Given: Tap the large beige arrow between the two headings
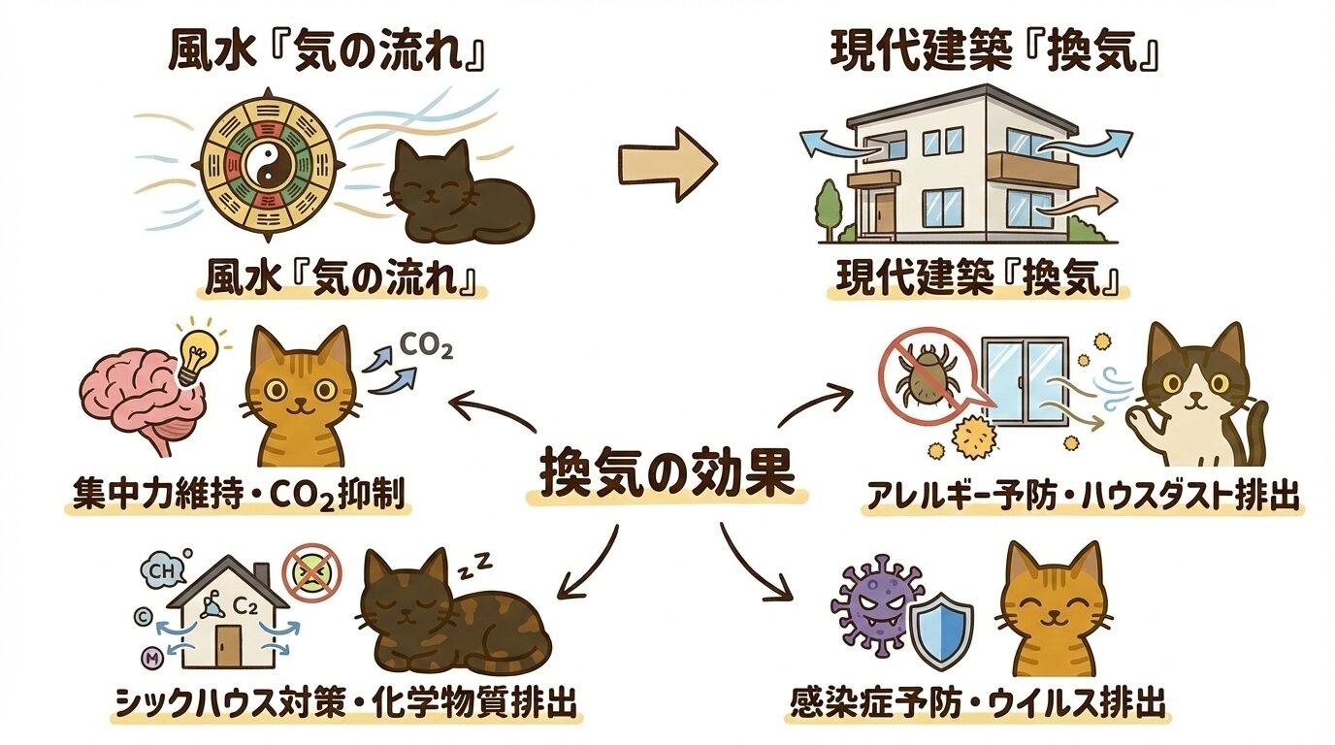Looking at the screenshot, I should tap(667, 162).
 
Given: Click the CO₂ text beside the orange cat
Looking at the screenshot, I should tap(426, 346).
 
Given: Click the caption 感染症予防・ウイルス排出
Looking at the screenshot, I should tap(977, 701).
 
